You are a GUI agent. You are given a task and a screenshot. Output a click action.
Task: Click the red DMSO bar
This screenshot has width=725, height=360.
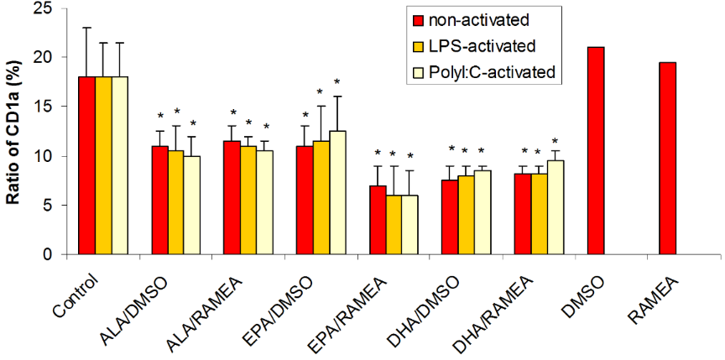(x=596, y=151)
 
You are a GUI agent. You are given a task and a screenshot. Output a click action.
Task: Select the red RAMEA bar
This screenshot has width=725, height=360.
(x=668, y=159)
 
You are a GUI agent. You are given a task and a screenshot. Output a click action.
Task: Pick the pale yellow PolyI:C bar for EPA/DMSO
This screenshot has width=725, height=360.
(x=336, y=192)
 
